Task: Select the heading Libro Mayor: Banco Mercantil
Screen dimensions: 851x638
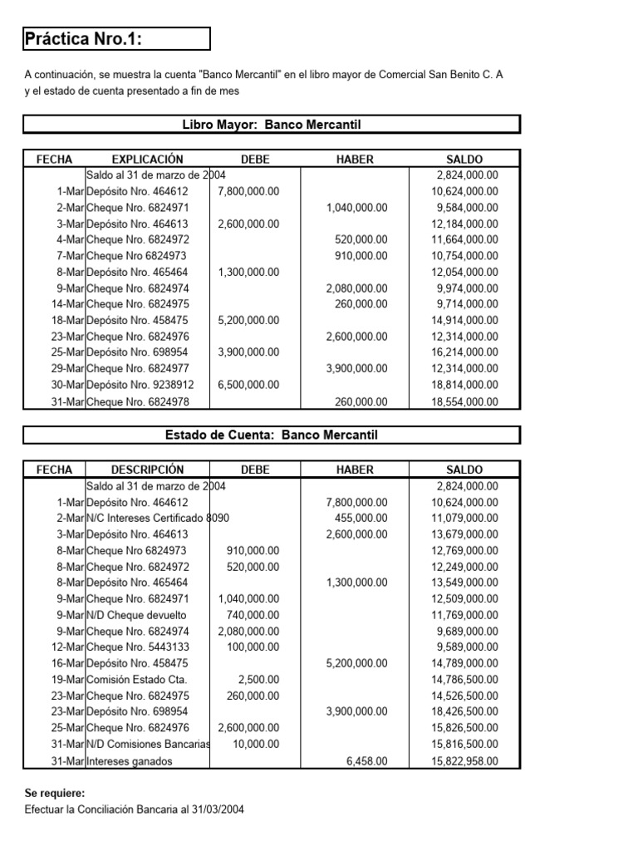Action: (x=271, y=125)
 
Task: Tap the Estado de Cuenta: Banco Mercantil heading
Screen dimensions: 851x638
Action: (x=271, y=435)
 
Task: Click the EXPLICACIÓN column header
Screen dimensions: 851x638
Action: (x=147, y=159)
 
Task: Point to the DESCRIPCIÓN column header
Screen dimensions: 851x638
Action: (x=147, y=470)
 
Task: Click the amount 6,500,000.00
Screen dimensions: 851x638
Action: (x=248, y=385)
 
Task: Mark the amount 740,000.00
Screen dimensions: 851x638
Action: (x=253, y=615)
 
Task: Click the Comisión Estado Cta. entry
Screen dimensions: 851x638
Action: (x=131, y=680)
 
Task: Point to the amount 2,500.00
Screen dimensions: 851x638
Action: (x=258, y=680)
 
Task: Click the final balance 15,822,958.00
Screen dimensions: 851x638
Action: (x=464, y=760)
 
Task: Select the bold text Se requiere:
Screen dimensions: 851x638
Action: (x=54, y=794)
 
